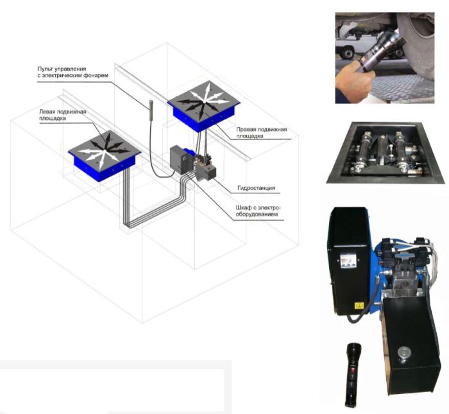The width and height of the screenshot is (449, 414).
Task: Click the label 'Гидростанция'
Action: [256, 188]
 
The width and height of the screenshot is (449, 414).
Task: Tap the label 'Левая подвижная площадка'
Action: [63, 115]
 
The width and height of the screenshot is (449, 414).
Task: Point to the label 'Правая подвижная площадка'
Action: [262, 133]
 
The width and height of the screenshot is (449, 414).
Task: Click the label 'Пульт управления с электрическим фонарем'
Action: [73, 72]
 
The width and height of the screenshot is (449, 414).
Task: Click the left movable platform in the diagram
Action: [105, 155]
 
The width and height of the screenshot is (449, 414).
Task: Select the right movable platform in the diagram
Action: [203, 106]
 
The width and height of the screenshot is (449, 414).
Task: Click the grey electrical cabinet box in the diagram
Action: [178, 160]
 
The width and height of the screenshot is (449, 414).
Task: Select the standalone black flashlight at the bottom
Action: [353, 375]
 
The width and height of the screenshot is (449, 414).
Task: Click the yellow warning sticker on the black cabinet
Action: [359, 306]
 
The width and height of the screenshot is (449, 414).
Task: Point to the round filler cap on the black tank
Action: [403, 352]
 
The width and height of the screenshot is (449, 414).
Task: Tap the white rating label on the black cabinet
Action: [348, 261]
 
